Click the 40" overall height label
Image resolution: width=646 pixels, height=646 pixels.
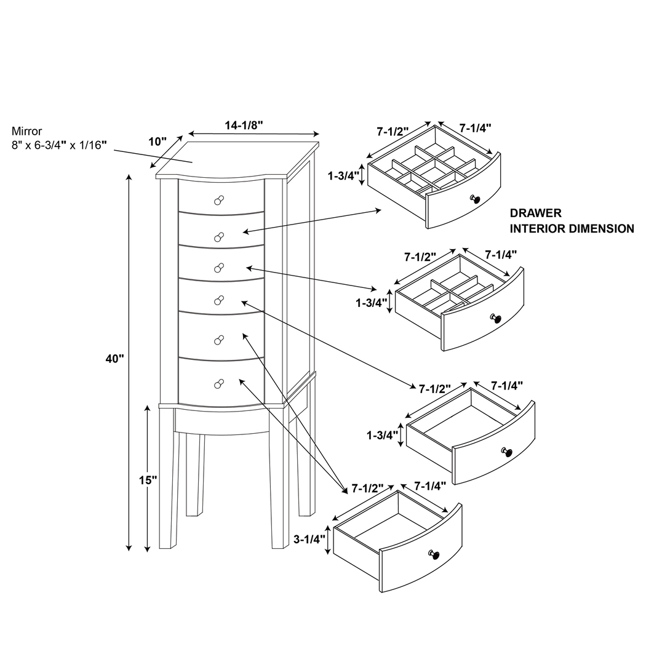coord(114,359)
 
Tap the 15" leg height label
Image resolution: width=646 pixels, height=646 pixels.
coord(148,481)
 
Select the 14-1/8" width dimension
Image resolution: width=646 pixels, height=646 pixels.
coord(244,126)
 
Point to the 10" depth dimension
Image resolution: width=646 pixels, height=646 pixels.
coord(158,142)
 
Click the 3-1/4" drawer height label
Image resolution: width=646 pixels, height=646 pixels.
coord(309,540)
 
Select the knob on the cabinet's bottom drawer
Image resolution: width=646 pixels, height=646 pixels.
coord(218,383)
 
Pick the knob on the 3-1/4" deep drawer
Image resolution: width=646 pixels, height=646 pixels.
coord(436,555)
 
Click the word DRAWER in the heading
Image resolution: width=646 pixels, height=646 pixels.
coord(535,213)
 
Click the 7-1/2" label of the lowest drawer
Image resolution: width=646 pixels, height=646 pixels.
coord(367,488)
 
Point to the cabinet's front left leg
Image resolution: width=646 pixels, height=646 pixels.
coord(167,480)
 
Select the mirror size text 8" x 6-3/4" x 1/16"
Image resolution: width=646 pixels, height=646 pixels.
coord(59,145)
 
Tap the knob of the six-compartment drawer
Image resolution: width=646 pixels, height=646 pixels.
coord(495,318)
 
